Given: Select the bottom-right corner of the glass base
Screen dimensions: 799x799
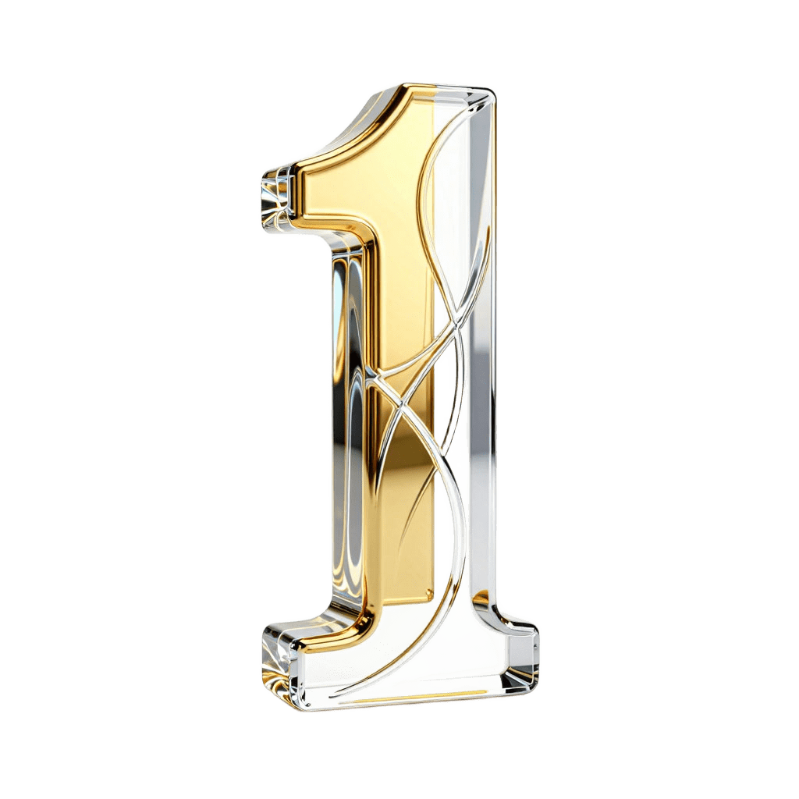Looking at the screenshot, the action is pos(533,689).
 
